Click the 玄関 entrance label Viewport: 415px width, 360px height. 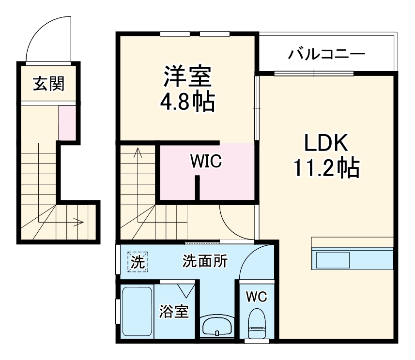tap(48, 85)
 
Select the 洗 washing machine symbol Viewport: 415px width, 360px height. tap(138, 263)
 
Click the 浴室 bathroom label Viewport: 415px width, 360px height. tap(173, 312)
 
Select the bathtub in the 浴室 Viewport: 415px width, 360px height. tap(137, 313)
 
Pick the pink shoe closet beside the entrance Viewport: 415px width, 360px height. tap(67, 123)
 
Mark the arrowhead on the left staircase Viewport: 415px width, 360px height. tap(80, 223)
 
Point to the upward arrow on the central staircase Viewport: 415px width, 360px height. tap(138, 154)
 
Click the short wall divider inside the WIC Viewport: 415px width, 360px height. tap(197, 188)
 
